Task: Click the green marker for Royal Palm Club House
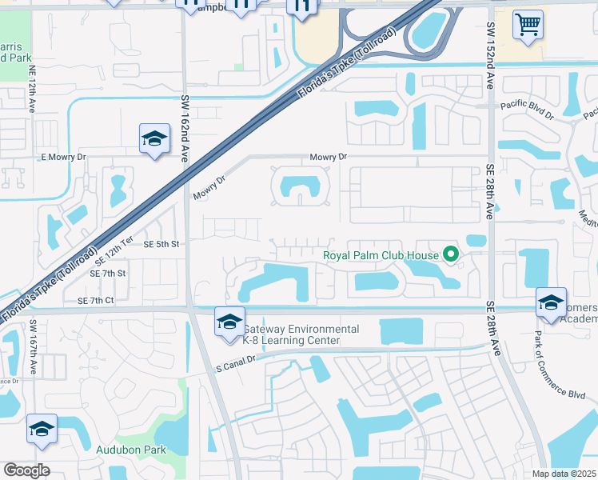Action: click(451, 256)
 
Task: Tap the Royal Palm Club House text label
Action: click(381, 256)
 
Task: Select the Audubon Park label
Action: click(131, 450)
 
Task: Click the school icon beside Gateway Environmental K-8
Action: click(229, 322)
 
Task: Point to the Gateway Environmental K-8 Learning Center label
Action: click(301, 335)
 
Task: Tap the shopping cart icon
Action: click(528, 25)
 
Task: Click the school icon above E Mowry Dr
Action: click(154, 139)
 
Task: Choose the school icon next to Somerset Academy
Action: click(551, 303)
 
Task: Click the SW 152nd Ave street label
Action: click(490, 53)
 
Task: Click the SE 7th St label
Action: click(108, 274)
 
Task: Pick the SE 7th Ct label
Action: click(97, 300)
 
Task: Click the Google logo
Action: click(26, 470)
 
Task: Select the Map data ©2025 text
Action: click(564, 474)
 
